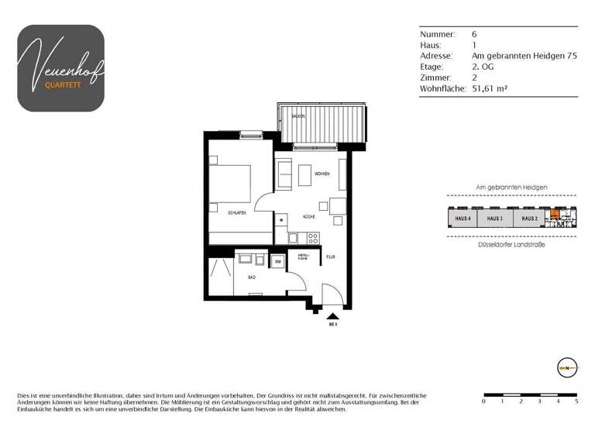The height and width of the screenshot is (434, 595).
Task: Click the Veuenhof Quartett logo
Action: (x=60, y=68)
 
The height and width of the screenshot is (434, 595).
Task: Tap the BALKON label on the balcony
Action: (x=297, y=115)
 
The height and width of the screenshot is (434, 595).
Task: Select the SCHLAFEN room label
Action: (x=236, y=212)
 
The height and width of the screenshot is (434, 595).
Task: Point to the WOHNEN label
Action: (x=323, y=174)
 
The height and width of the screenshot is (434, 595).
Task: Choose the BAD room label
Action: (x=252, y=276)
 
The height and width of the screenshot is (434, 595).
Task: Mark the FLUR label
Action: (x=330, y=257)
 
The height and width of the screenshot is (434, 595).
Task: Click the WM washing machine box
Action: (x=277, y=262)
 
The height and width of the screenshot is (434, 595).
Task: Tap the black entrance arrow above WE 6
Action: (x=333, y=315)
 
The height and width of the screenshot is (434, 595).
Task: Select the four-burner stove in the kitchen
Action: (x=312, y=238)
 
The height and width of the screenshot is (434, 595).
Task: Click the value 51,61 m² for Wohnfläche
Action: (x=490, y=89)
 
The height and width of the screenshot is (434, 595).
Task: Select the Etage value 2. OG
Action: (x=483, y=67)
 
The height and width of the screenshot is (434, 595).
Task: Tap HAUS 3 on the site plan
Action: (x=496, y=219)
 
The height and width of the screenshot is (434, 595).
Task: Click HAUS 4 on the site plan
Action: (x=463, y=219)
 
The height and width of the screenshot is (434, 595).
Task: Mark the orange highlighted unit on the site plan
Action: (x=554, y=217)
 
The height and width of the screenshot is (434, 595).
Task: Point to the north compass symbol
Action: (x=567, y=367)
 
